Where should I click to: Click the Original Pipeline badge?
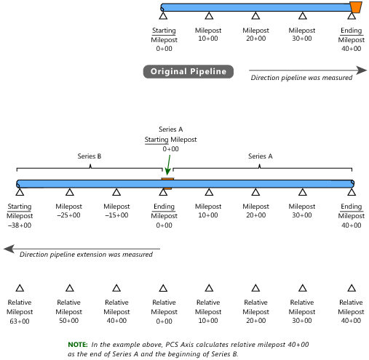[189, 71]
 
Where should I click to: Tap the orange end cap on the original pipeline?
[356, 7]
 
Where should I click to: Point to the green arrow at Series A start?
[168, 165]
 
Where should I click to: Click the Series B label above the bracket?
[90, 156]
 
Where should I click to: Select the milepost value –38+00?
[20, 225]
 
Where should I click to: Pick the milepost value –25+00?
[68, 215]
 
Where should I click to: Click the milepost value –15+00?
[116, 215]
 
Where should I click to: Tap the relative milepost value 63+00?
[20, 321]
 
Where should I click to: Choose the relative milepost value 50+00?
[69, 321]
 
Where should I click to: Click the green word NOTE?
[78, 345]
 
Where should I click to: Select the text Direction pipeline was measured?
[301, 78]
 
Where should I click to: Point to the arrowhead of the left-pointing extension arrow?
[9, 249]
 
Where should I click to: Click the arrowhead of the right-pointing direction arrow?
[362, 70]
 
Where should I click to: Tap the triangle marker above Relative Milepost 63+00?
[20, 288]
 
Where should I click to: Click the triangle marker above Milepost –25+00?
[70, 192]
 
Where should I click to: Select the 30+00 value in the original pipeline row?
[302, 39]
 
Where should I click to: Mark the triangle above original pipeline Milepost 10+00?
[209, 16]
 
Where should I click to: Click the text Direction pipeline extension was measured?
[86, 255]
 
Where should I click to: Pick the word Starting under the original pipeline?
[164, 31]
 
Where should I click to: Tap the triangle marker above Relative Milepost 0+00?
[163, 288]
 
